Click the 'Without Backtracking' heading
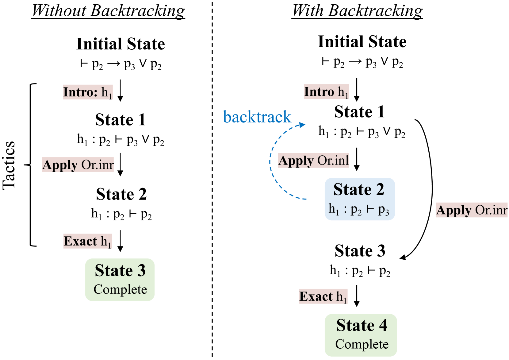[x=108, y=11]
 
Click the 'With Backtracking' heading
[x=357, y=11]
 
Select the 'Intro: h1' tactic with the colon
[x=88, y=92]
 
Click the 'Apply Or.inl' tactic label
[x=313, y=161]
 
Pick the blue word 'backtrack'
[x=257, y=117]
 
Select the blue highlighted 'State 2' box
[x=359, y=199]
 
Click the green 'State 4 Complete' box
[x=361, y=335]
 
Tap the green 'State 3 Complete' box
[x=120, y=280]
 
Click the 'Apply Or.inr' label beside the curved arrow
[x=472, y=210]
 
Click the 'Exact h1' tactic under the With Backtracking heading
[x=323, y=296]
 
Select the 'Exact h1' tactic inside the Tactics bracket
[x=87, y=241]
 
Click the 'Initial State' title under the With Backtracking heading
[x=362, y=42]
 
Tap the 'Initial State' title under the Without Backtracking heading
[x=121, y=44]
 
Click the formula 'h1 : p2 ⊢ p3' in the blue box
[x=359, y=210]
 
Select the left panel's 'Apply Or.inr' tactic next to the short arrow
[x=78, y=165]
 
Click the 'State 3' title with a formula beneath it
[x=360, y=251]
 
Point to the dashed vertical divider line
[x=212, y=184]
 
